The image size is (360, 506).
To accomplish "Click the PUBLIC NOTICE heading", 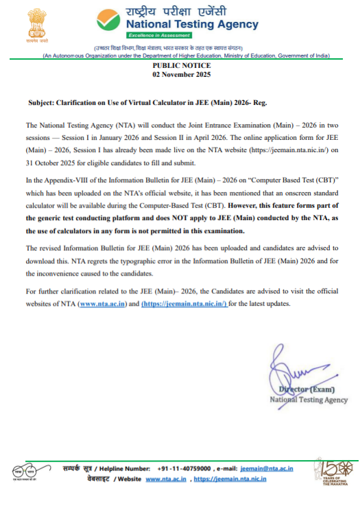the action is [180, 65].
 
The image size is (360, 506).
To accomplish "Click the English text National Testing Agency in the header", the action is [192, 25].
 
